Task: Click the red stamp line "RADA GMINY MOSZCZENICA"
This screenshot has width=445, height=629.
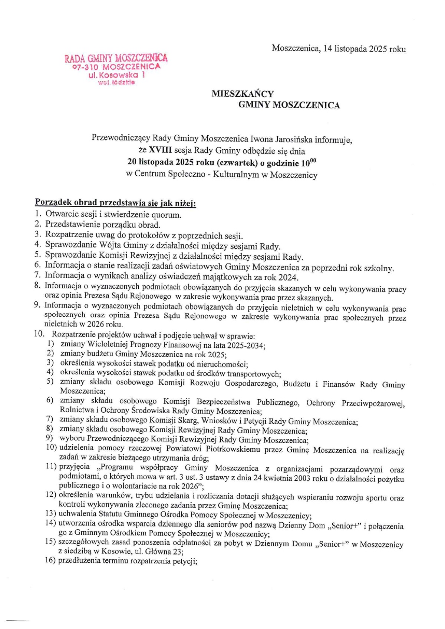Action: point(116,58)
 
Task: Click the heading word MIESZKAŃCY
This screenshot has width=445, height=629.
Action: point(243,94)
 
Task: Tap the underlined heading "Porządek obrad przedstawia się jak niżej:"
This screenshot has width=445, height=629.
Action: point(115,203)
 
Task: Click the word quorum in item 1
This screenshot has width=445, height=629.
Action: point(165,215)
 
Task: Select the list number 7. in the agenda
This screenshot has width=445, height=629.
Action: point(37,275)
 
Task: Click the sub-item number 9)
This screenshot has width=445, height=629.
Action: point(50,438)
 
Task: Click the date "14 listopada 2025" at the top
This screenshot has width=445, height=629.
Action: point(355,49)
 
